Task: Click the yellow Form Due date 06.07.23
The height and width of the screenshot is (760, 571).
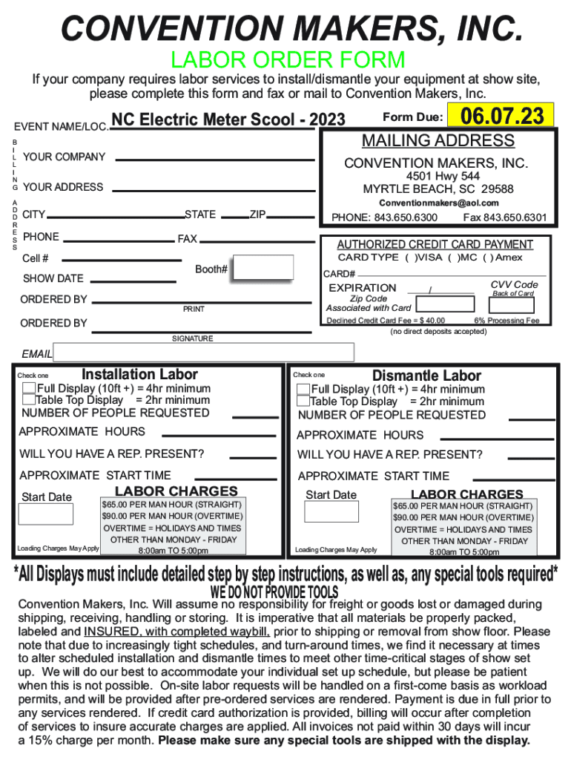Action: point(503,116)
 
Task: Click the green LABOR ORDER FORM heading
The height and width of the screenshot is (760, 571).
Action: point(288,59)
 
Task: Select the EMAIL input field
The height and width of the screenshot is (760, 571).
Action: point(204,353)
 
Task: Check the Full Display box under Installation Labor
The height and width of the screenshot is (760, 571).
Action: point(29,388)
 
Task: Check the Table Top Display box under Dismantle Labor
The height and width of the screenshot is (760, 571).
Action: point(303,402)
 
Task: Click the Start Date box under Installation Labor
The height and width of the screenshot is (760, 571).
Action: point(46,514)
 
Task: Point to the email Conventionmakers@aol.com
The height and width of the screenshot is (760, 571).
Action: point(439,203)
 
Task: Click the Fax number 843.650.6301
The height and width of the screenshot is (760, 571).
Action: point(504,217)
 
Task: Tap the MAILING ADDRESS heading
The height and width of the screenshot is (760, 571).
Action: point(438,141)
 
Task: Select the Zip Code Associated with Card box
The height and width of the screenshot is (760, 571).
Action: point(445,304)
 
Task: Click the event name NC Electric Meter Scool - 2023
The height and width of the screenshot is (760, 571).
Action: point(228,119)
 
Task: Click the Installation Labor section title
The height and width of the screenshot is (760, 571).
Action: point(139,374)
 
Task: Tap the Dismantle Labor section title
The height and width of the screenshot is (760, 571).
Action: point(426,376)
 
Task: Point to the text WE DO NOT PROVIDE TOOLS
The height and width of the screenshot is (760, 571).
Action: point(274,592)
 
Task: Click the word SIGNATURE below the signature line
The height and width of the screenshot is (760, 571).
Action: point(192,338)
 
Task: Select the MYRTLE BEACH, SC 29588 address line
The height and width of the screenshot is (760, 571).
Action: point(438,189)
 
